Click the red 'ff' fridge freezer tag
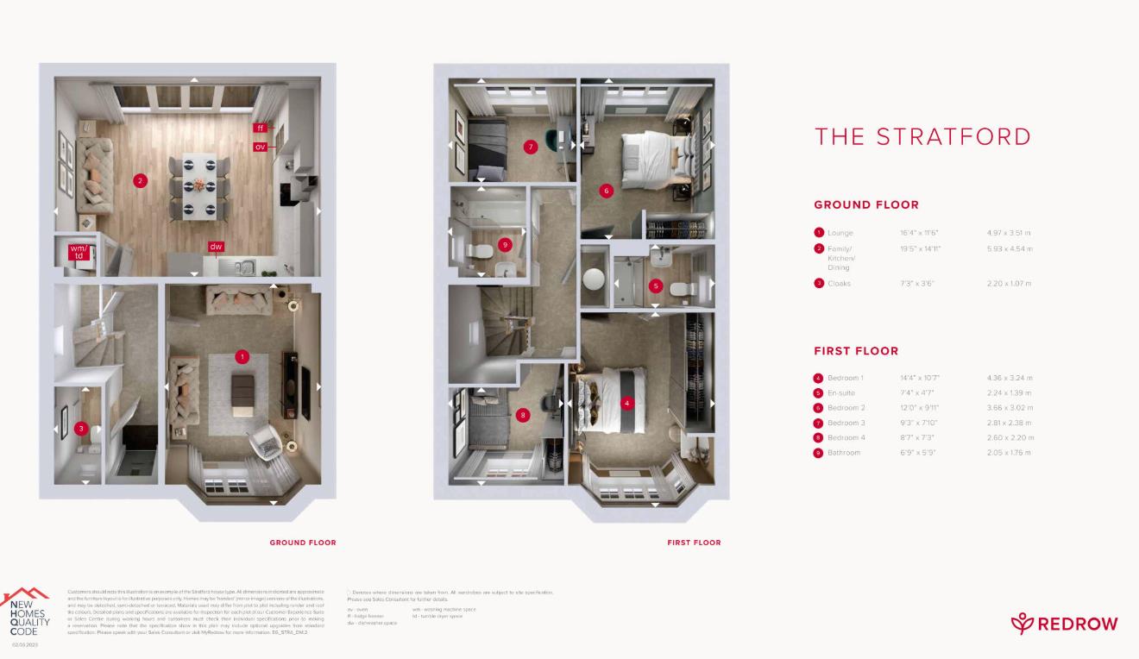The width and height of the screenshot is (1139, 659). (260, 128)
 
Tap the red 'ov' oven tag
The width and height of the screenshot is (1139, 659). (260, 147)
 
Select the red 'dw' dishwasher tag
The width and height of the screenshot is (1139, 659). (216, 247)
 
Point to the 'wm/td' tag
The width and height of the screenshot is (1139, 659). (79, 252)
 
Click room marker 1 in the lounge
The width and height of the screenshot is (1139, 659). (242, 356)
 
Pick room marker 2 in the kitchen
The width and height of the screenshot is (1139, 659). (139, 180)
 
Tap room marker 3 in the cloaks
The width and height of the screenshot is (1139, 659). (81, 428)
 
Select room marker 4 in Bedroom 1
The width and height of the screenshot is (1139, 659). (626, 402)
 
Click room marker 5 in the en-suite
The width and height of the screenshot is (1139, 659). (656, 286)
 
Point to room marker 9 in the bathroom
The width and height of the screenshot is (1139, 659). (505, 245)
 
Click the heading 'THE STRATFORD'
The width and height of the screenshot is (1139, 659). (922, 136)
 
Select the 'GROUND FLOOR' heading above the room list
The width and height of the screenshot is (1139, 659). (866, 205)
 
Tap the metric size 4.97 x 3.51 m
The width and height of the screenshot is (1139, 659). (1009, 233)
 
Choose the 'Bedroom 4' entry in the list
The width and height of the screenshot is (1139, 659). (846, 437)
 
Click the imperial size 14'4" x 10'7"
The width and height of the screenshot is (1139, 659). (919, 378)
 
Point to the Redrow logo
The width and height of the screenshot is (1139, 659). (1064, 623)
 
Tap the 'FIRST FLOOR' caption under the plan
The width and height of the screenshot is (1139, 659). (694, 543)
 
